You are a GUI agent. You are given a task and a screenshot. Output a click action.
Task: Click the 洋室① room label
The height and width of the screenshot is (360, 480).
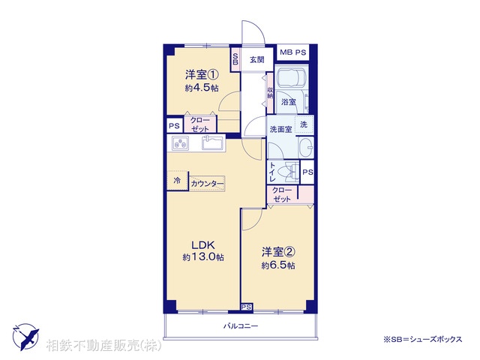click(202, 75)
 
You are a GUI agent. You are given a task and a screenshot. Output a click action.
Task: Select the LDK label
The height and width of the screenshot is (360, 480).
click(202, 244)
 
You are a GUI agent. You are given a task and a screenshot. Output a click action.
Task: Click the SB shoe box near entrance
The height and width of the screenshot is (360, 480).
click(235, 59)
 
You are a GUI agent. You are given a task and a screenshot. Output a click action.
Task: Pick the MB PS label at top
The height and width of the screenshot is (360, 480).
click(293, 53)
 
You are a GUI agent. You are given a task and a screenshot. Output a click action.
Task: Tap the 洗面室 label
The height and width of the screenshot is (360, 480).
click(281, 130)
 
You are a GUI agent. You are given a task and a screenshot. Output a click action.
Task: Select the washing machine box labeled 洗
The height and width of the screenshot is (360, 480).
click(304, 124)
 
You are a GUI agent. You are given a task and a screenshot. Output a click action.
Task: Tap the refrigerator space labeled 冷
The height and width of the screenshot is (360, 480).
click(177, 181)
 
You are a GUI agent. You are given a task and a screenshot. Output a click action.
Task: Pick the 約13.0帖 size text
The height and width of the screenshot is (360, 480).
click(202, 257)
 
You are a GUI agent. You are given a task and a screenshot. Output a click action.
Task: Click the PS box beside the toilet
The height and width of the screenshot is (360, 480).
click(307, 172)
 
